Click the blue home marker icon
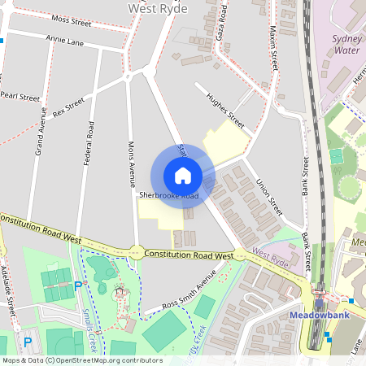tap(183, 175)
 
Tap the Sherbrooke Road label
tap(168, 196)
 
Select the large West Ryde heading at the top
tap(158, 8)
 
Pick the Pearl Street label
tap(20, 96)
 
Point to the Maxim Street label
tap(273, 48)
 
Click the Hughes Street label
tap(225, 107)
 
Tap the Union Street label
tap(268, 198)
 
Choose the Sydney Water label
tap(346, 44)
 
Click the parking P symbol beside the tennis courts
tap(78, 285)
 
